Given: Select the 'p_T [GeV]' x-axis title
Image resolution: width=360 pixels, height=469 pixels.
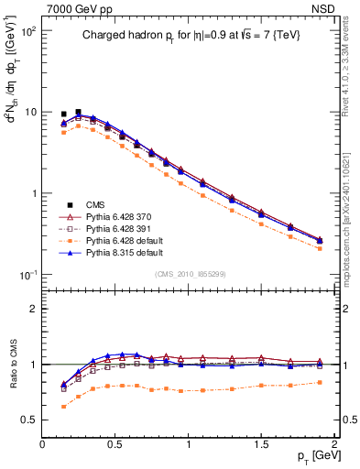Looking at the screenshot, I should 314,456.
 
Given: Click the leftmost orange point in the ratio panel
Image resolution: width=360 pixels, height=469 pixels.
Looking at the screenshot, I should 63,406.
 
